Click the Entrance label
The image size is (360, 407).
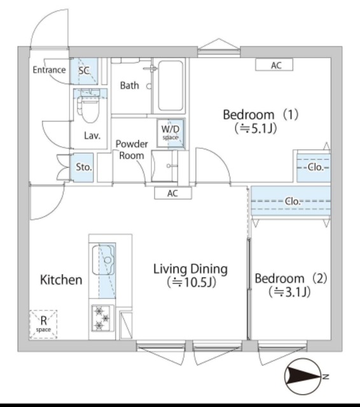click(x=49, y=70)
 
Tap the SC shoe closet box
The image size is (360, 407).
click(x=84, y=71)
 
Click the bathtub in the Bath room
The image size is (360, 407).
click(x=170, y=85)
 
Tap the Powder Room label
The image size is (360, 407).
click(x=132, y=149)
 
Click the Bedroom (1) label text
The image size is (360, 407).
click(x=260, y=121)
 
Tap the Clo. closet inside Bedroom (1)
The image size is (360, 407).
click(x=313, y=167)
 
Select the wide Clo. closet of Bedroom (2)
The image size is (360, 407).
click(x=291, y=202)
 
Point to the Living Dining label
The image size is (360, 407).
click(x=190, y=275)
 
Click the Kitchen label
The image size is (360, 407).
click(x=61, y=280)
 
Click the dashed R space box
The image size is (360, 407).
click(x=43, y=323)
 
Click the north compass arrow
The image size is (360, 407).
click(x=305, y=377)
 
